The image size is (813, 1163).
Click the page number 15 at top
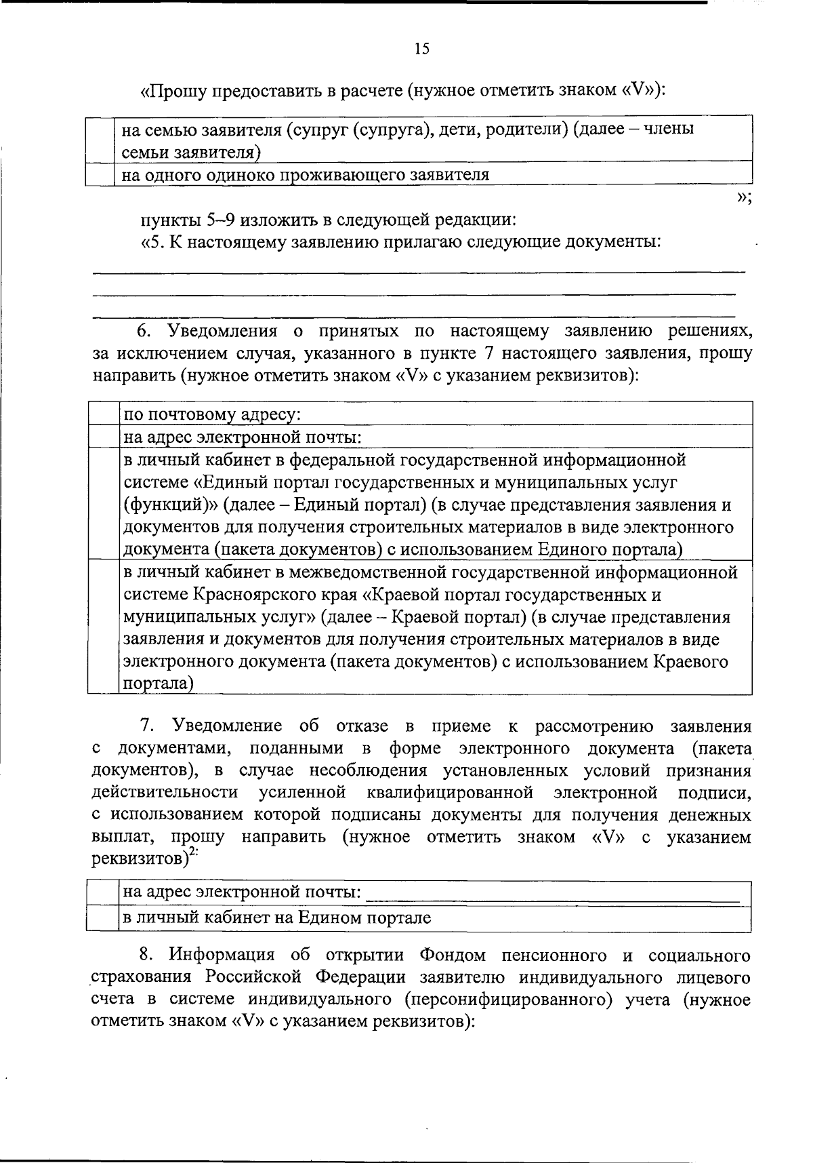421,49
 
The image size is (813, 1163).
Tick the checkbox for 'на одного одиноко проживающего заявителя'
99,175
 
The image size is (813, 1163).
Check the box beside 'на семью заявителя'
99,138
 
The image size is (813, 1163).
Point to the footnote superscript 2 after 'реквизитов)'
193,854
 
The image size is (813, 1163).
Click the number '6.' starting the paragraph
145,332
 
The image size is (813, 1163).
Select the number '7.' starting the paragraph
148,726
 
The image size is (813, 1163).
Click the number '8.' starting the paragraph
147,955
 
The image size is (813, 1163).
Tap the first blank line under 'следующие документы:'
418,272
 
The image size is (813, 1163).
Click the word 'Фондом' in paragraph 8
453,955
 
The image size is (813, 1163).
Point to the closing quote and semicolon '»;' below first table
742,197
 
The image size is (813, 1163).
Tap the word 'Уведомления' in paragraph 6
223,332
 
